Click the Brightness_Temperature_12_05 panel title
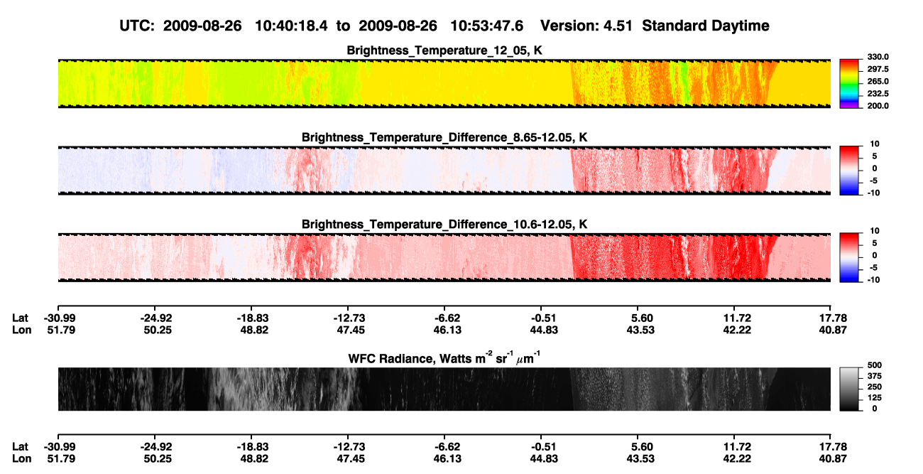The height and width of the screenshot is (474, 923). [444, 50]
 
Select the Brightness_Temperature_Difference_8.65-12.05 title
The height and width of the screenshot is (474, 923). [444, 137]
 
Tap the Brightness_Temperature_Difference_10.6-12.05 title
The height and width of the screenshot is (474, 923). [444, 225]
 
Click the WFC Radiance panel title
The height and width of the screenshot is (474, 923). [444, 357]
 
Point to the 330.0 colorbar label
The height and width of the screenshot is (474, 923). [878, 57]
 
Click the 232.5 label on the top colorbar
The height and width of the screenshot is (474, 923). [878, 94]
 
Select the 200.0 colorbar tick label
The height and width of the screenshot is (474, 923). [878, 106]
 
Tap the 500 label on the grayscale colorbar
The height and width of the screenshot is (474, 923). [875, 365]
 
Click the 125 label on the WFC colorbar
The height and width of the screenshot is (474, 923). [875, 398]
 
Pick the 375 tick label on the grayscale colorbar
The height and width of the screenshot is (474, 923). [875, 376]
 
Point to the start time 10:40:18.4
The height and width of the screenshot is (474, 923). [291, 26]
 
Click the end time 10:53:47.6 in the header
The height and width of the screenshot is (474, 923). [486, 26]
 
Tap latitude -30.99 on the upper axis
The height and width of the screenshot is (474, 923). [60, 318]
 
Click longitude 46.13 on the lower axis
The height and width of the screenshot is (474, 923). [447, 459]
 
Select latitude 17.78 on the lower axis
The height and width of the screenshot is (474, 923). [833, 447]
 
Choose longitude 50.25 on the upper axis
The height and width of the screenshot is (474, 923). [158, 330]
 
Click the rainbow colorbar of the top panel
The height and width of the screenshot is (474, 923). [849, 84]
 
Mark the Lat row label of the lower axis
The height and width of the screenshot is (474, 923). [20, 447]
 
